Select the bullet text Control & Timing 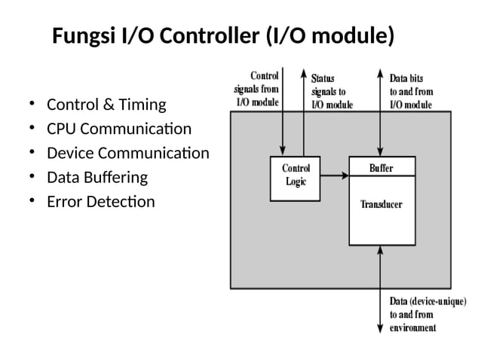tap(106, 104)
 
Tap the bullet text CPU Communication tap(119, 129)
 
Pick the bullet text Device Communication tap(128, 153)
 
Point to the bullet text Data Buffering tap(97, 178)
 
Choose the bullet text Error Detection tap(101, 202)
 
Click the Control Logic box tap(295, 178)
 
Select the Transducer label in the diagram tap(381, 205)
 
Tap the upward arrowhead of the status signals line tap(303, 75)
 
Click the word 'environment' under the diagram tap(412, 328)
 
